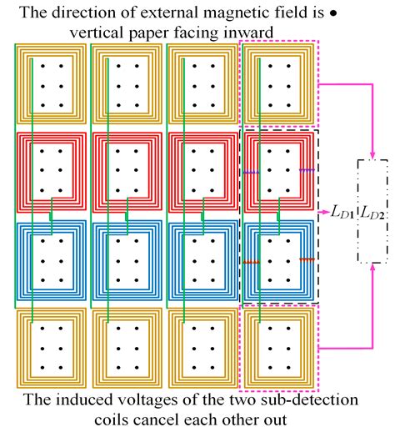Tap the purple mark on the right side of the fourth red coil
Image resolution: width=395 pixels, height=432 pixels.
click(x=307, y=171)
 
